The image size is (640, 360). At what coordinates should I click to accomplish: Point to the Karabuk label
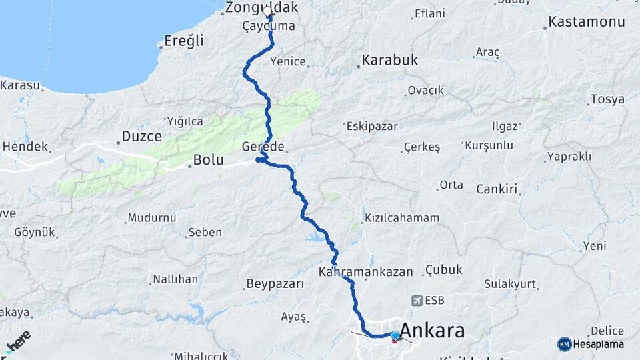coord(389,60)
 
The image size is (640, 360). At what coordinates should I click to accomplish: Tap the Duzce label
coord(141,137)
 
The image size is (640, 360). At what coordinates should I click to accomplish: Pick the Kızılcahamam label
coord(402,218)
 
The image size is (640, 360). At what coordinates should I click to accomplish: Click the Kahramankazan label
coord(366,272)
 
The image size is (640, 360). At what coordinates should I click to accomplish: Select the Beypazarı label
coord(275,284)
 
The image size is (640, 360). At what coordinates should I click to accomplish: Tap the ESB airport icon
coord(418,300)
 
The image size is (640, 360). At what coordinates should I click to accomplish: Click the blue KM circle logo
coord(564,344)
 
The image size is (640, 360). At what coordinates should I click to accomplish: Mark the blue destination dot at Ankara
coord(395,335)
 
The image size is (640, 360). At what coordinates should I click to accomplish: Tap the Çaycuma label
coord(269,27)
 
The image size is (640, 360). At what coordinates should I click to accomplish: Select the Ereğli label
coord(183,41)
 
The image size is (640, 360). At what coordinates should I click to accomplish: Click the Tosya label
coord(607,100)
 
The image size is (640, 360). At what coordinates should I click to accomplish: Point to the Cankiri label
coord(497,189)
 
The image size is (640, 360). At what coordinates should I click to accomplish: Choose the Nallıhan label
coord(175,279)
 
